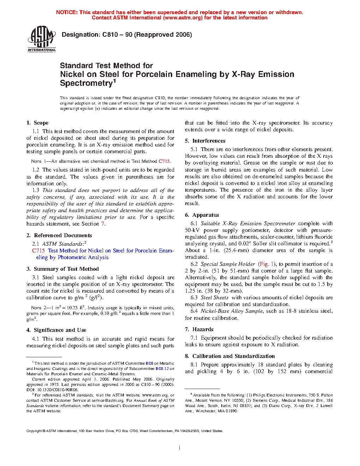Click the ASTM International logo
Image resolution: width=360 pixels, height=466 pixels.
coord(42,39)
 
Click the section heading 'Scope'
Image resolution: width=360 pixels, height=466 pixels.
coord(41,123)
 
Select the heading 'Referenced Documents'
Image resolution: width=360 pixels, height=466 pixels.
coord(63,235)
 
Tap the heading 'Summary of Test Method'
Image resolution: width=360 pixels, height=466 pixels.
coord(66,269)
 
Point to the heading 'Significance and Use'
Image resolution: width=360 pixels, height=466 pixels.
coord(60,330)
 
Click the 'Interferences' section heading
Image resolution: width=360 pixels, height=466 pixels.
coord(209,141)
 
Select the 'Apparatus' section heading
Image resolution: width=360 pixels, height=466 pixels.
coord(205,215)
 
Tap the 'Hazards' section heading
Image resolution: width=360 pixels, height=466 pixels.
coord(203,329)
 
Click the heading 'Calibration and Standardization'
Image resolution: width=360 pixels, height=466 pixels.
coord(233,356)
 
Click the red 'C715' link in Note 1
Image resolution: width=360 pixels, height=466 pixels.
coord(164,161)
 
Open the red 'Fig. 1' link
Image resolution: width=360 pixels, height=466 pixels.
coord(266,264)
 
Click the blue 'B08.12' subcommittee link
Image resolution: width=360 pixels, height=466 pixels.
coord(162,369)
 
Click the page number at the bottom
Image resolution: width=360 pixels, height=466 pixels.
coord(180,448)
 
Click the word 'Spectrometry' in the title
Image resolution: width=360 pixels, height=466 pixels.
coord(86,83)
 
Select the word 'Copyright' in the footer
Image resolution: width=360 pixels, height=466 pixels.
coord(34,431)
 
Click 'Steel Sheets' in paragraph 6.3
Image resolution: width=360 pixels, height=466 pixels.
coord(215,298)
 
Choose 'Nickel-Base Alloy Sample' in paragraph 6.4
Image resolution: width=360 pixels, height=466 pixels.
coord(232,311)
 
